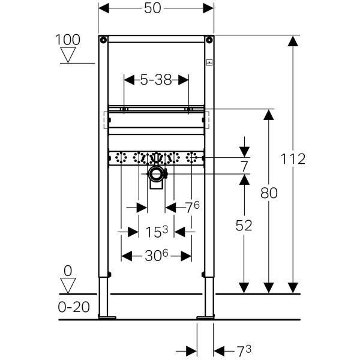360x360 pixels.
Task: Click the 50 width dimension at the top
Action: point(152,9)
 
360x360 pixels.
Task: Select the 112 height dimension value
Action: point(293,159)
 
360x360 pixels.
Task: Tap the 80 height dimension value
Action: point(269,193)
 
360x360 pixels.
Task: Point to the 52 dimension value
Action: point(244,226)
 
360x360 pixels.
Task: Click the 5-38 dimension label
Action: point(156,80)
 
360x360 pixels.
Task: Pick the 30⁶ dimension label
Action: point(157,256)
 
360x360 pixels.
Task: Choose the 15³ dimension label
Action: point(157,232)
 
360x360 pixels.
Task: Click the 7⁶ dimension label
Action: point(193,208)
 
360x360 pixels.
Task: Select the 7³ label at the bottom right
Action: point(244,351)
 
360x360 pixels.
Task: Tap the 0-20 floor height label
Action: point(74,307)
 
